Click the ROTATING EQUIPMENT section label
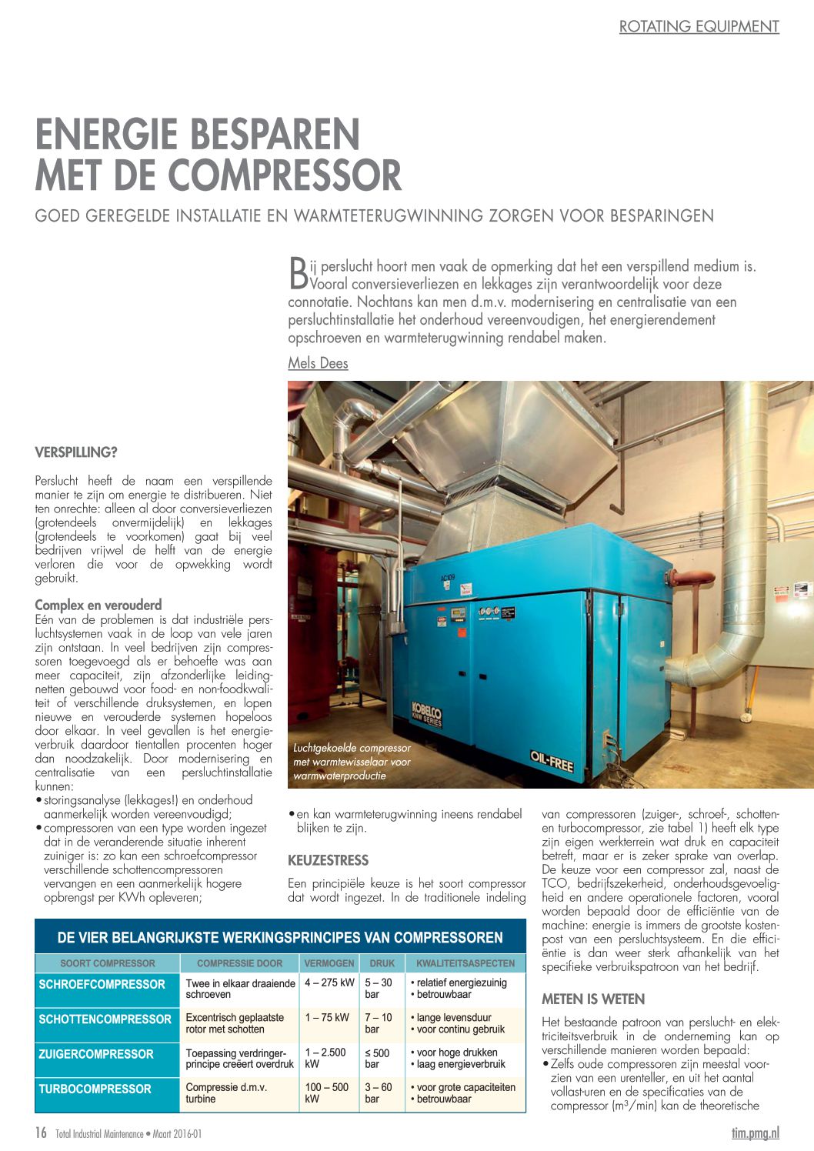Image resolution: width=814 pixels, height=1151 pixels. (x=699, y=26)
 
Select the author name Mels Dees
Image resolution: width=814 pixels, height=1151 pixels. (x=318, y=363)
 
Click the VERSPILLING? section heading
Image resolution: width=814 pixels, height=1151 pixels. (x=76, y=452)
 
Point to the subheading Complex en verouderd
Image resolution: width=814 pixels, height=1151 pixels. (x=98, y=605)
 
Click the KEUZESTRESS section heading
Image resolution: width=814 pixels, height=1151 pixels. (x=329, y=860)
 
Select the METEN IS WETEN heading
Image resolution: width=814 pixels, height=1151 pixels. (x=593, y=999)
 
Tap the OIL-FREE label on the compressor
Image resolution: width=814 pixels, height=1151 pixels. (x=551, y=762)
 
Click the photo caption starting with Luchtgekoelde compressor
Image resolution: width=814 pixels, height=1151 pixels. (x=352, y=762)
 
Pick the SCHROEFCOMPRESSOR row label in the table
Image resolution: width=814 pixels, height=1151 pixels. (x=102, y=984)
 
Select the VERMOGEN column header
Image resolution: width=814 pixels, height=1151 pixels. (x=329, y=963)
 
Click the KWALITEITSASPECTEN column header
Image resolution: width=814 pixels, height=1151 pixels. (x=465, y=963)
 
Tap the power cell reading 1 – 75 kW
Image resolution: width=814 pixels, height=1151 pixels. (x=327, y=1017)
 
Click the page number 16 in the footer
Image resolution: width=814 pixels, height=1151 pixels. (x=41, y=1133)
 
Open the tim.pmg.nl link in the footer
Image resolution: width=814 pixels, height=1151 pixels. (x=755, y=1133)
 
